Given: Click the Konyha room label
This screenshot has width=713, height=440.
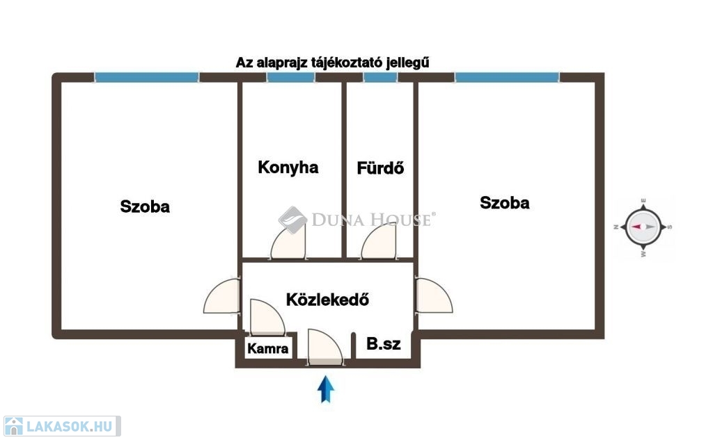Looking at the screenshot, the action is click(288, 168).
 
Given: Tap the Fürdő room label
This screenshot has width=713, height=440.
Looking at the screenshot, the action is click(380, 168).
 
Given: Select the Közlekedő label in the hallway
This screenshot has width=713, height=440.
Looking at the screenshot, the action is click(327, 299).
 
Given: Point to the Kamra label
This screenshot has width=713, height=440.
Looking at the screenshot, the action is click(268, 349).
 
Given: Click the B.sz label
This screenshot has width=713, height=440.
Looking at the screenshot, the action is click(384, 344).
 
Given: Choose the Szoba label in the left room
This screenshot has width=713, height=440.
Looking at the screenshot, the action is click(145, 206).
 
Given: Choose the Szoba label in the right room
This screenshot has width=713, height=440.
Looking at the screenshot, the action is click(505, 202).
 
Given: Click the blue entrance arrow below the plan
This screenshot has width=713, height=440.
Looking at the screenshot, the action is click(326, 389).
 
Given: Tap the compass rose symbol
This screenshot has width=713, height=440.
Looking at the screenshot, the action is click(643, 227).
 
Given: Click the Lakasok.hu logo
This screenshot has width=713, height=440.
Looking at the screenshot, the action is click(62, 426).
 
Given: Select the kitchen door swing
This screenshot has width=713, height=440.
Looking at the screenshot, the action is click(288, 242).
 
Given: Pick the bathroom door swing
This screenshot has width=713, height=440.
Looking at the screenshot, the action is click(378, 242).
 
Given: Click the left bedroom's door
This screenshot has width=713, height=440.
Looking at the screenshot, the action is click(221, 296).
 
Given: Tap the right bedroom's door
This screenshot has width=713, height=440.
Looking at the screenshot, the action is click(434, 295).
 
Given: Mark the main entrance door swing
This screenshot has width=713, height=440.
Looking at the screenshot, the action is click(325, 347).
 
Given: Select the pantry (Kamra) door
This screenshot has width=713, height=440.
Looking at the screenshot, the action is click(267, 317).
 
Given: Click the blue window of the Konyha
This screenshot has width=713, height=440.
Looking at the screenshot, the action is click(291, 78).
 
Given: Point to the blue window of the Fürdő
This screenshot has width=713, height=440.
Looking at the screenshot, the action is click(381, 78).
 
